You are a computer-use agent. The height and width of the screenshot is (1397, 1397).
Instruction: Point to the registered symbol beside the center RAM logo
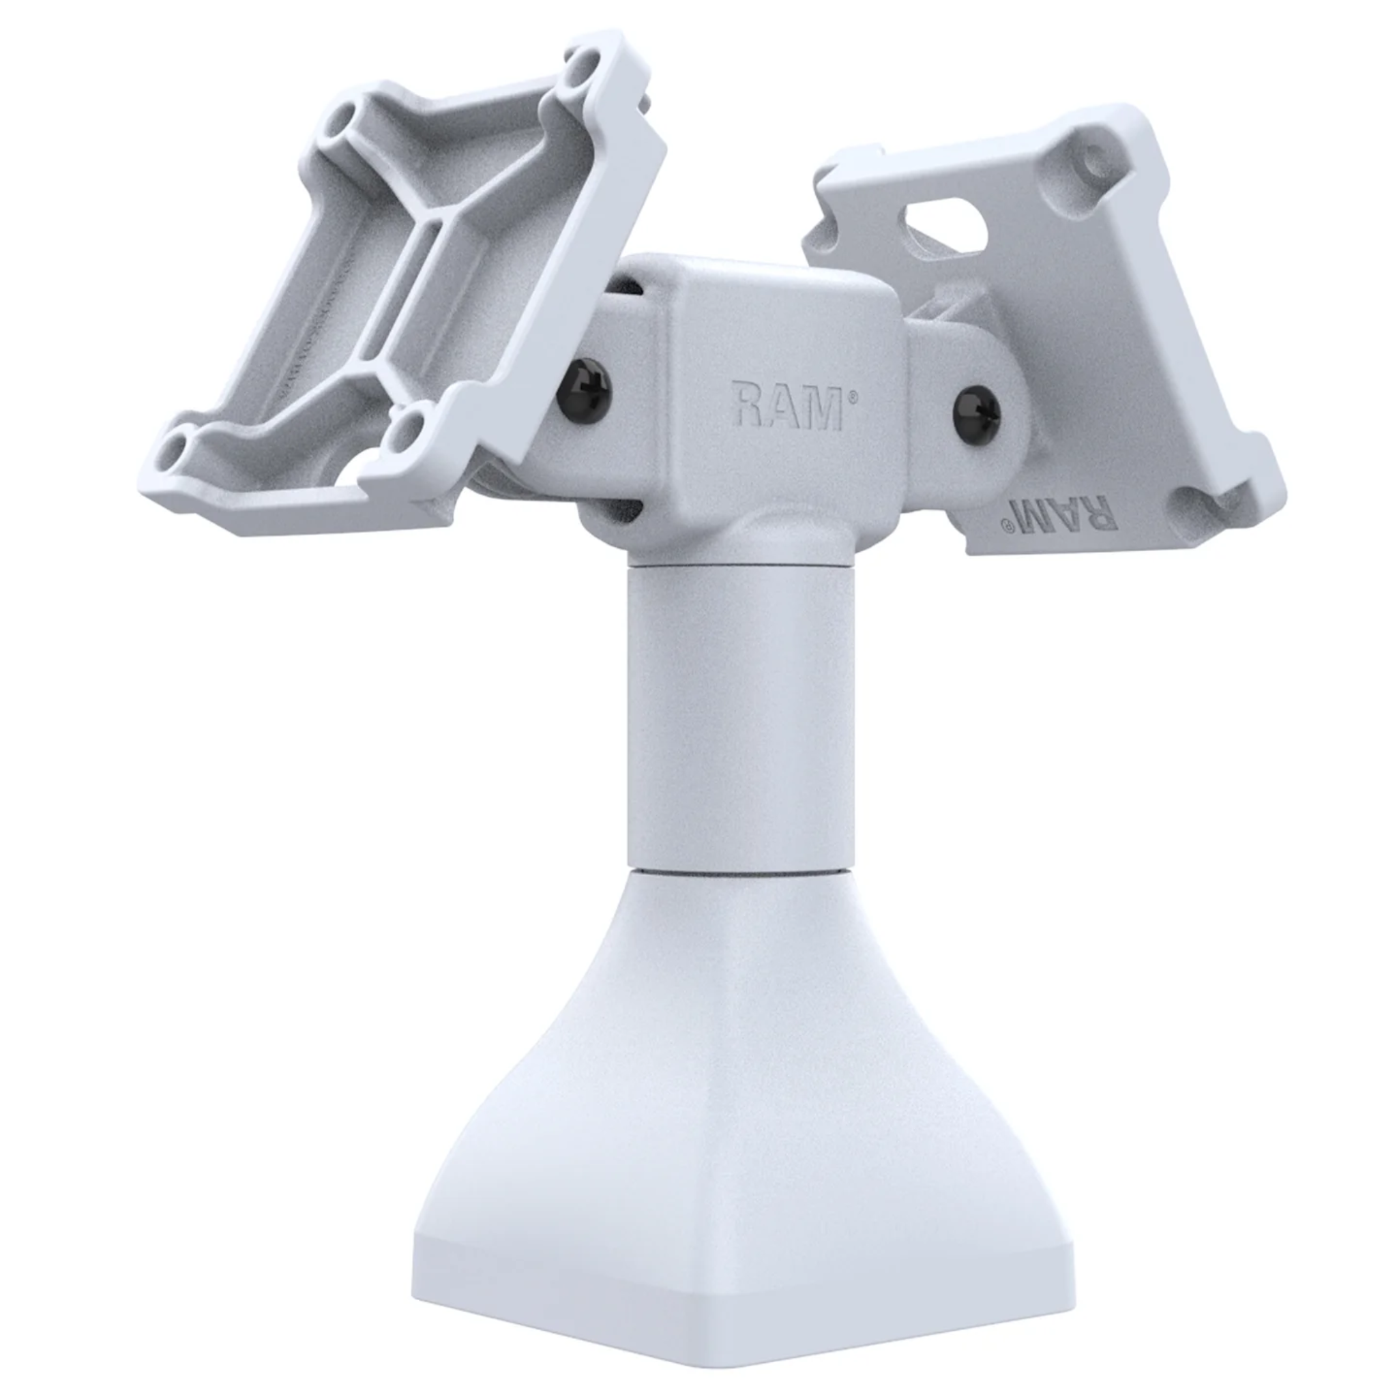(x=855, y=396)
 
